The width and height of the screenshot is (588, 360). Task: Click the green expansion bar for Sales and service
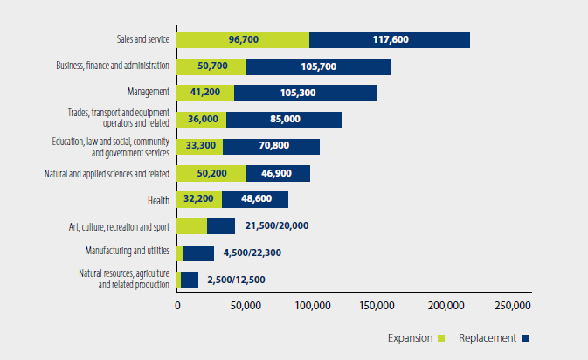[x=243, y=39]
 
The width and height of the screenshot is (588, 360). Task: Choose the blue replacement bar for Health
[x=255, y=199]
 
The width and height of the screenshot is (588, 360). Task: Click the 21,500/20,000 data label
[x=276, y=226]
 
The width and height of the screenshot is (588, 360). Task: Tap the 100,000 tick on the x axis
[x=312, y=307]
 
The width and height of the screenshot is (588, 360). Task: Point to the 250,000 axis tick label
[x=512, y=307]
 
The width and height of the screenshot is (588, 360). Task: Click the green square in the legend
[x=442, y=338]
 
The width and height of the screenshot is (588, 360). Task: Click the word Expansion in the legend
[x=410, y=338]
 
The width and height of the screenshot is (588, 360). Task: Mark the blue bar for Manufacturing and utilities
[x=198, y=253]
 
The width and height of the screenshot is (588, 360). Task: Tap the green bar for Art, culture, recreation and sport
[x=191, y=226]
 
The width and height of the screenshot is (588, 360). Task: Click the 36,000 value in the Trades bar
[x=200, y=120]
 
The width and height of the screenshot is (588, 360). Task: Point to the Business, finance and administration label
[x=113, y=66]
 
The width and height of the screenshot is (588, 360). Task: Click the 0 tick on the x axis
[x=177, y=307]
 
